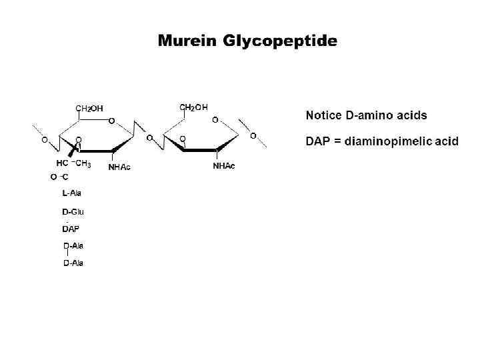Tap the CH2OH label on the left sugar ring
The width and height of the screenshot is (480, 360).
point(89,109)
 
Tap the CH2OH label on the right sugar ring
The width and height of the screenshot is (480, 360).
point(194,107)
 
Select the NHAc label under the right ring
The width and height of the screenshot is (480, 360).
point(224,165)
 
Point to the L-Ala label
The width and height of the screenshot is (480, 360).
point(72,193)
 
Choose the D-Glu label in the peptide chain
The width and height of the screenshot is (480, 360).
point(73,212)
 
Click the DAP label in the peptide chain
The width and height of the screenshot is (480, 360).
point(70,229)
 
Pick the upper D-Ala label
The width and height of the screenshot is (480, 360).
point(73,246)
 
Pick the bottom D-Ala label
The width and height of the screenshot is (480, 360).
point(73,263)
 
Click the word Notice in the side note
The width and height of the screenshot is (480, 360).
point(324,115)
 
